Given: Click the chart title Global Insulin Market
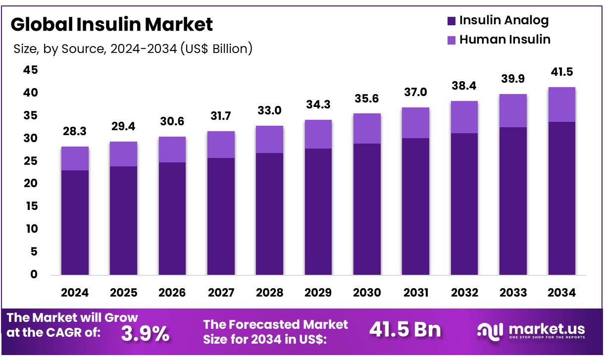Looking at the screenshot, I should click(x=111, y=24).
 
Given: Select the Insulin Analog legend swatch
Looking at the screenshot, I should click(x=451, y=21).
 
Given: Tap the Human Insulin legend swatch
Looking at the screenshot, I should click(x=451, y=40).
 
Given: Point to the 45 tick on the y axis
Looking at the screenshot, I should click(x=30, y=70).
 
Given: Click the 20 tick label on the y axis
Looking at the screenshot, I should click(x=30, y=184).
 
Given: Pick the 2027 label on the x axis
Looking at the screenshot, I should click(x=221, y=293).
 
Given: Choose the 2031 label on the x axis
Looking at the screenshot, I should click(x=416, y=293).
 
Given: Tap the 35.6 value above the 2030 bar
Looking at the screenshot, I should click(x=367, y=99).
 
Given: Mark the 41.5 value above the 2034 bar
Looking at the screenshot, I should click(x=561, y=72).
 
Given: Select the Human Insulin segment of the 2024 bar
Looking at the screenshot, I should click(x=75, y=158).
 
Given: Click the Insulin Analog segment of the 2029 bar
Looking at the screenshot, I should click(x=318, y=211).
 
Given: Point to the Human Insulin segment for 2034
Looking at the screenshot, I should click(x=561, y=104).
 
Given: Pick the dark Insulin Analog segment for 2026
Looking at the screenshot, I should click(x=172, y=218).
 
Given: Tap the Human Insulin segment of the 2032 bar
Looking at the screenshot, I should click(x=464, y=117).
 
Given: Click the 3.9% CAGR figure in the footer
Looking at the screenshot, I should click(x=145, y=333).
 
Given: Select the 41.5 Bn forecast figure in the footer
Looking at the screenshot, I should click(x=405, y=330).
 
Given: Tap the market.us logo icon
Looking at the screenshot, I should click(x=490, y=330).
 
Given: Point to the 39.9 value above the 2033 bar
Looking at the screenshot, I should click(x=513, y=79).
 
